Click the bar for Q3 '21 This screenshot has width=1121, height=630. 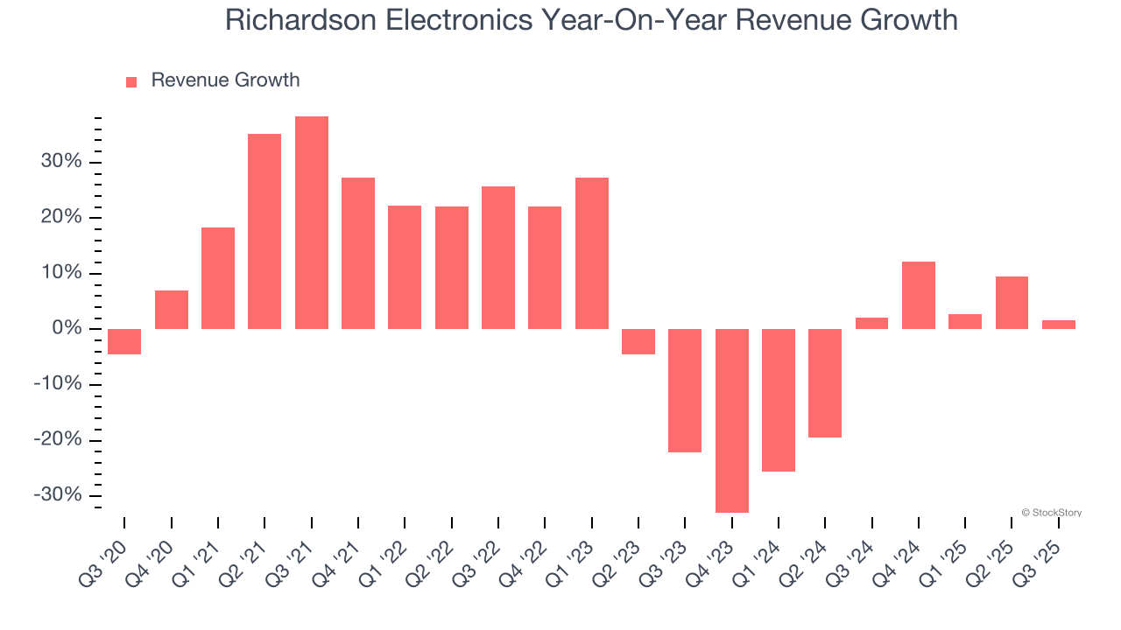pyautogui.click(x=312, y=223)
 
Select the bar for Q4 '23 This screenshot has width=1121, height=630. pyautogui.click(x=732, y=420)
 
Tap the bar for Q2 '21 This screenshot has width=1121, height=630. pyautogui.click(x=264, y=232)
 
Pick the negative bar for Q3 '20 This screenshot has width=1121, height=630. pyautogui.click(x=124, y=341)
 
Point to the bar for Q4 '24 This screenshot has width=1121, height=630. pyautogui.click(x=919, y=296)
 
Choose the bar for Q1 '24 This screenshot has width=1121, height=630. pyautogui.click(x=779, y=400)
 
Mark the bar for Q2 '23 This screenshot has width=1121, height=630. pyautogui.click(x=638, y=341)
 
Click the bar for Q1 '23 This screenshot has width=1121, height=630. pyautogui.click(x=592, y=254)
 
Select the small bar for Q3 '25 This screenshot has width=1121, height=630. pyautogui.click(x=1059, y=325)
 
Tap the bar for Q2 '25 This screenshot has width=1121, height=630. pyautogui.click(x=1012, y=303)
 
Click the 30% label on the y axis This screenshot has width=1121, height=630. pyautogui.click(x=59, y=162)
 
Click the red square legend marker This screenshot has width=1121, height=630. pyautogui.click(x=131, y=82)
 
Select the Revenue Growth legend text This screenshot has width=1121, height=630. pyautogui.click(x=225, y=80)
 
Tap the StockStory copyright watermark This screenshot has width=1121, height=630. pyautogui.click(x=1052, y=513)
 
